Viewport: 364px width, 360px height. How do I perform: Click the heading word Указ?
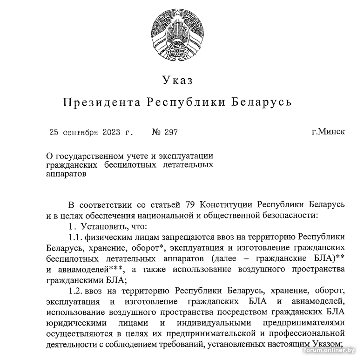pos(177,80)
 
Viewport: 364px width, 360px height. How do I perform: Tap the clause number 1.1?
pos(74,237)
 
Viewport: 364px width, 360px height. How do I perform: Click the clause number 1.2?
pos(74,291)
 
